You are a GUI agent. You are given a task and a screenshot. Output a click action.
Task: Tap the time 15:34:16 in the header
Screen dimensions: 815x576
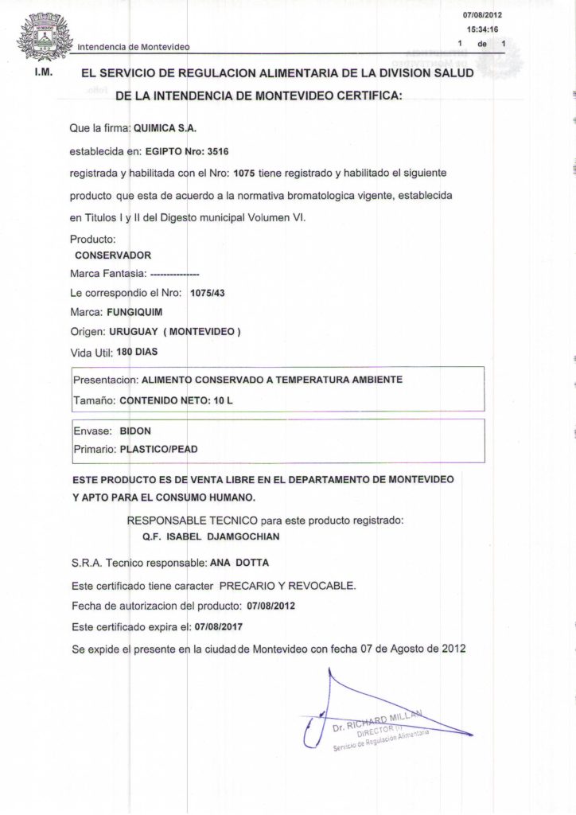point(483,29)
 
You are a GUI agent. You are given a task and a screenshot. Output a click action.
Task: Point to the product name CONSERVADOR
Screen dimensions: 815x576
point(112,255)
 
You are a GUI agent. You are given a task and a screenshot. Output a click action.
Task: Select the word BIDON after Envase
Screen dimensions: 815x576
point(135,431)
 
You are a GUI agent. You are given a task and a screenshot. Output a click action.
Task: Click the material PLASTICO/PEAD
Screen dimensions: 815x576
point(158,450)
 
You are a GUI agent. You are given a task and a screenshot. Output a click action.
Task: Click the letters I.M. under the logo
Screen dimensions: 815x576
point(44,72)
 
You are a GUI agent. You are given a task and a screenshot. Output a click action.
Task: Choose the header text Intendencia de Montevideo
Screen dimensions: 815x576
point(133,47)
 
